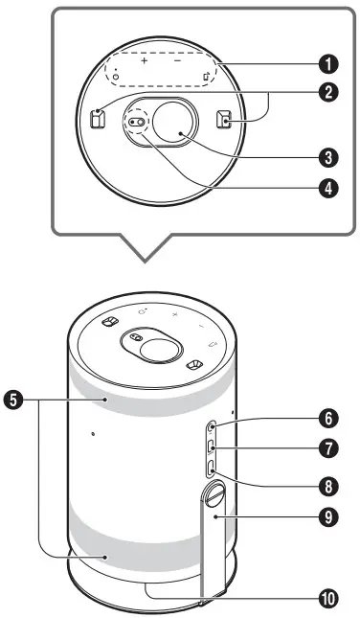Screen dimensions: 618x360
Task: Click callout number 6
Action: point(329,419)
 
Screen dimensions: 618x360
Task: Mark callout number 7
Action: point(329,448)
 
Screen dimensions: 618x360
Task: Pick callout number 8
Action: point(329,484)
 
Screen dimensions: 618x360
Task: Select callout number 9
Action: point(329,515)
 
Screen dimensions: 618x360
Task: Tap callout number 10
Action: point(329,596)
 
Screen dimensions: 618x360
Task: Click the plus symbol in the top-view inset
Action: point(145,59)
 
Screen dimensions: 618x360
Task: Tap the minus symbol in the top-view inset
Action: point(178,59)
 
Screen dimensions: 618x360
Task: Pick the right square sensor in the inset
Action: point(222,120)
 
